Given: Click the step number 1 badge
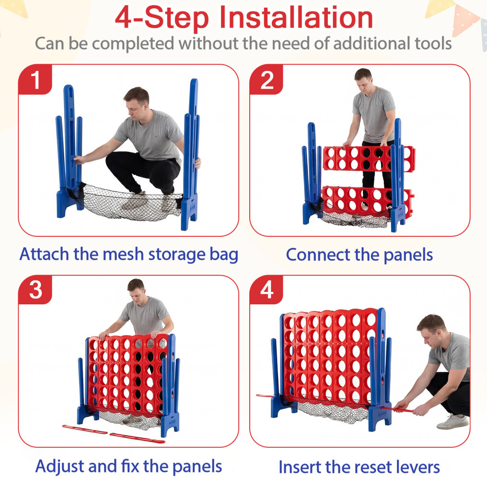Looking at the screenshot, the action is click(x=35, y=80).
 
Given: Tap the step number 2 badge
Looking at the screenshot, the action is click(x=267, y=80).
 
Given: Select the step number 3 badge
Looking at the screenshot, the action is click(x=35, y=290).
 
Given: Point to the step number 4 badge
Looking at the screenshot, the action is click(x=267, y=290).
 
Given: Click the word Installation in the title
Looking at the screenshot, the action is click(x=296, y=18).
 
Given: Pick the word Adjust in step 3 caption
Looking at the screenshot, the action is click(x=59, y=466).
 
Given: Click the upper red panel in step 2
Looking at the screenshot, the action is click(x=369, y=158).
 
